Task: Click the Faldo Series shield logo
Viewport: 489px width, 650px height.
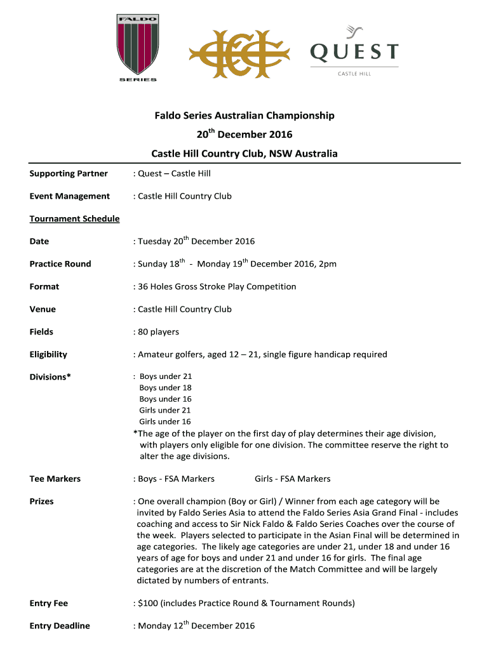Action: tap(137, 48)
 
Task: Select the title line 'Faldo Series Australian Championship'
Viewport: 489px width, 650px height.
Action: tap(245, 116)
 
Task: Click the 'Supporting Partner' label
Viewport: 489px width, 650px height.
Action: tap(69, 173)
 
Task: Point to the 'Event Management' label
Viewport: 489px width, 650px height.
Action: tap(70, 196)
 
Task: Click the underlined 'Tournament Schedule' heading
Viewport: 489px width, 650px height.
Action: tap(74, 219)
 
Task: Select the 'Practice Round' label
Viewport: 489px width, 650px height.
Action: tap(60, 264)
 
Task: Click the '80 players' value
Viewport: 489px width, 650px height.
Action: tap(159, 332)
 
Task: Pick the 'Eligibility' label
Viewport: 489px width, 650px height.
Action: tap(48, 355)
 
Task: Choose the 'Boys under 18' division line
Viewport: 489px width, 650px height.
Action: tap(165, 388)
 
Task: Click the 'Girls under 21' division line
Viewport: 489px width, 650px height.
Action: tap(165, 411)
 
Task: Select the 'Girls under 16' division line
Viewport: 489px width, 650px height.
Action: tap(165, 422)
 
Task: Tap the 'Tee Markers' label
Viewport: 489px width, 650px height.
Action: tap(55, 479)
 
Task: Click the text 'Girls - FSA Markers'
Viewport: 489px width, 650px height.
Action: tap(292, 479)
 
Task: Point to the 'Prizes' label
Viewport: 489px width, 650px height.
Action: tap(42, 501)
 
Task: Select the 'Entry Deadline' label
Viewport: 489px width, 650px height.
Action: tap(60, 626)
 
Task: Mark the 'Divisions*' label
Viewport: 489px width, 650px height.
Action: tap(50, 377)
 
